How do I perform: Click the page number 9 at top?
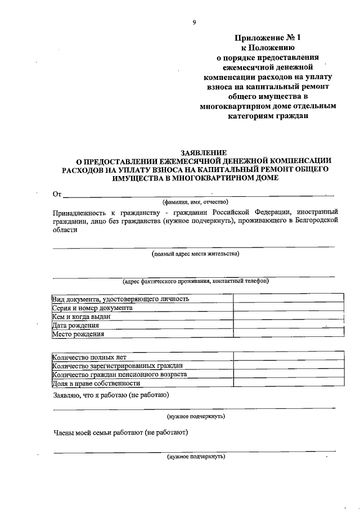click(x=193, y=22)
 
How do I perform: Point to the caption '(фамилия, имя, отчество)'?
click(x=195, y=202)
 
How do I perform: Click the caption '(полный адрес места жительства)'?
click(x=195, y=254)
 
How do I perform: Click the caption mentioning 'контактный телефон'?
click(x=195, y=281)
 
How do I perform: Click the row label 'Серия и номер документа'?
click(x=92, y=308)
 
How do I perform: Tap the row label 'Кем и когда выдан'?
click(x=81, y=316)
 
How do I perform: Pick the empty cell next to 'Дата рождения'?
click(x=289, y=325)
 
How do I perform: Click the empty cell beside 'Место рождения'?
click(x=289, y=334)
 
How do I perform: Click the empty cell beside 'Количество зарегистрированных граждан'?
click(x=289, y=366)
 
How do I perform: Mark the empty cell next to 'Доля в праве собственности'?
click(x=289, y=383)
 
